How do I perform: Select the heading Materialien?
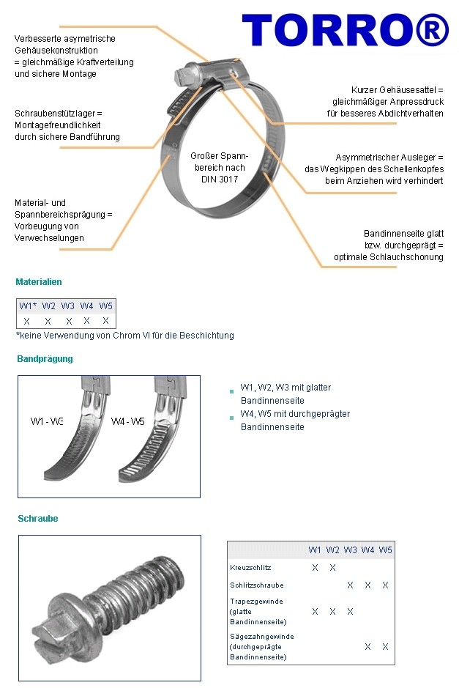click(39, 281)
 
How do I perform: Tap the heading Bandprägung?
click(45, 359)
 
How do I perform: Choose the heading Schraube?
click(38, 519)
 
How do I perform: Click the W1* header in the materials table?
click(28, 306)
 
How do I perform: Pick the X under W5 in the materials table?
click(105, 321)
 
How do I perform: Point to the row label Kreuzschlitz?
click(250, 568)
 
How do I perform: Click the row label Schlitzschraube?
click(256, 585)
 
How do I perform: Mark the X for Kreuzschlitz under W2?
click(332, 568)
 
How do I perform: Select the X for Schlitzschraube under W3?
click(350, 585)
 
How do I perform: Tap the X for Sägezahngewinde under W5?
click(385, 647)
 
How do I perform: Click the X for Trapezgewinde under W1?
click(315, 611)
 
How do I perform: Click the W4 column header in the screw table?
click(367, 550)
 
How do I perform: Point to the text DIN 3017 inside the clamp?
click(220, 179)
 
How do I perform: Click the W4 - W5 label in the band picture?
click(128, 421)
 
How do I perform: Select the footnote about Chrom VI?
click(124, 336)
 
